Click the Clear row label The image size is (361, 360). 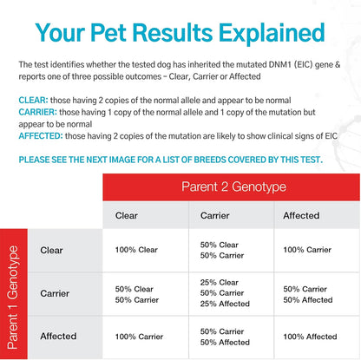coord(51,250)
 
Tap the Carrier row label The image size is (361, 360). coord(55,293)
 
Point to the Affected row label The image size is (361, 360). coord(56,336)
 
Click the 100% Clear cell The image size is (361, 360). coord(136,250)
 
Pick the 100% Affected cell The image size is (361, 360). coord(310,337)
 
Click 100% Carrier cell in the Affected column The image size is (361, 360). coord(308,250)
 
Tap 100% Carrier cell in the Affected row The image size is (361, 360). coord(139,337)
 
